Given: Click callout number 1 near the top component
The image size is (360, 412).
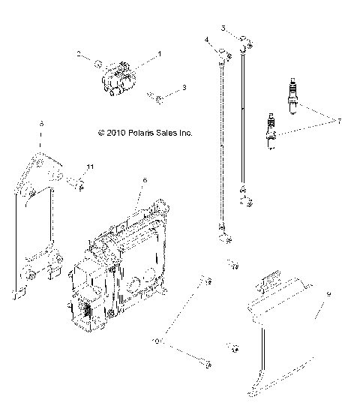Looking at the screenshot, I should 159,55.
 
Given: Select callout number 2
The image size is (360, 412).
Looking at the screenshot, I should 77,54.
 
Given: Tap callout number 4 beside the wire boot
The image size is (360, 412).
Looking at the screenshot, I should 205,39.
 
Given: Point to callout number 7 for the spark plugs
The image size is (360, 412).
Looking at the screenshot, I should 339,121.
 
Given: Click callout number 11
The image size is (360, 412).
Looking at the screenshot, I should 90,166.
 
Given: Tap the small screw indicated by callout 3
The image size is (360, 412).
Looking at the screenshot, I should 155,96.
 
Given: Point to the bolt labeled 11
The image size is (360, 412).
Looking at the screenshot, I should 78,182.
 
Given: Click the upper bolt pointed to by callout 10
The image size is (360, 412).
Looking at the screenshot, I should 202,281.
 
